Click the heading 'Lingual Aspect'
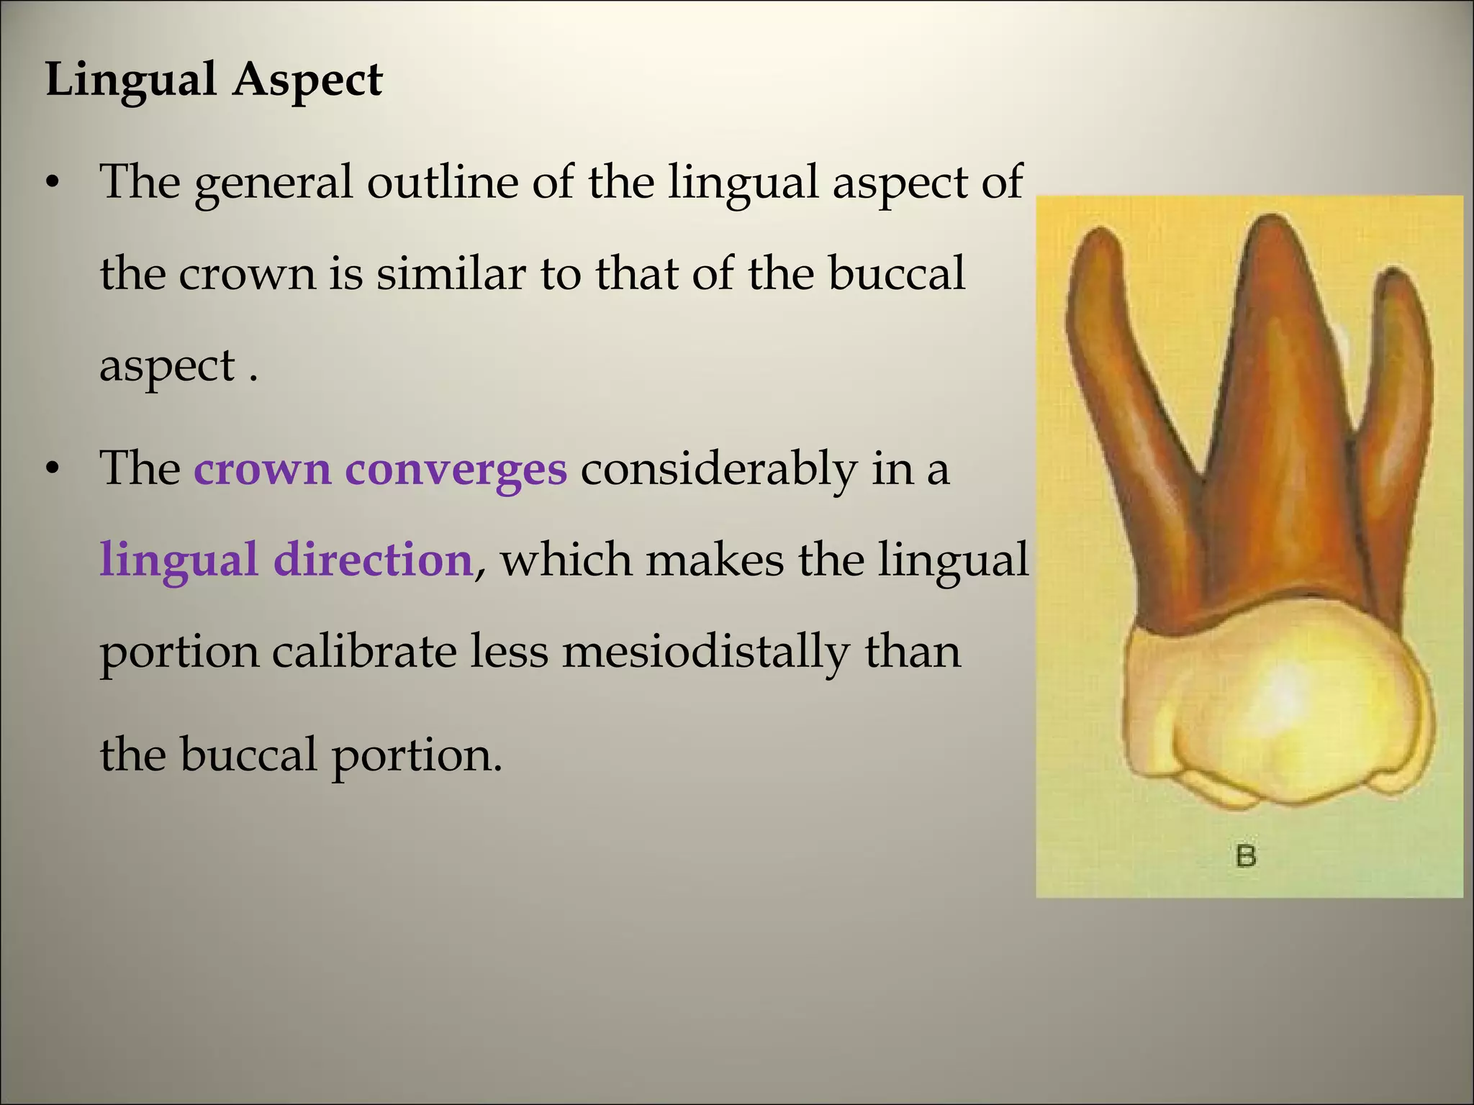[214, 79]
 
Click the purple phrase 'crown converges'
[380, 469]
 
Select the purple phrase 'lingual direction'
[286, 560]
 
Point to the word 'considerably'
[718, 469]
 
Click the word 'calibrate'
[364, 652]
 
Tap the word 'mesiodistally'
[705, 652]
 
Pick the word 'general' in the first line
[273, 183]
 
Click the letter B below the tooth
[1246, 856]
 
